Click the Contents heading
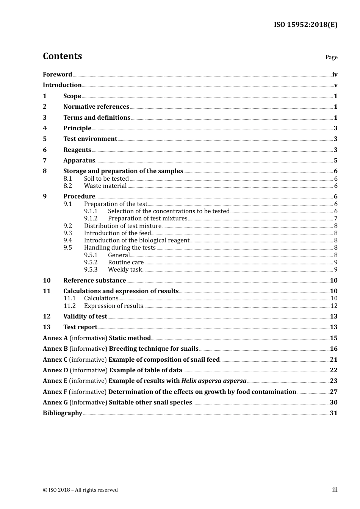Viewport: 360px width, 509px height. coord(62,56)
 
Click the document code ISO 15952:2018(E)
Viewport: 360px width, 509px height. coord(305,25)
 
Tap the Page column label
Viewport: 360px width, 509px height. coord(331,57)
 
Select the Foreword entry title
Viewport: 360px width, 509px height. coord(57,75)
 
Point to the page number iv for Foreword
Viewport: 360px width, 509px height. coord(335,75)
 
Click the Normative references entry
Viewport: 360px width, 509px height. coord(96,107)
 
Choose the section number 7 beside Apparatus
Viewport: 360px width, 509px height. coord(45,161)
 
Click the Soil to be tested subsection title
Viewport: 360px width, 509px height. coord(106,179)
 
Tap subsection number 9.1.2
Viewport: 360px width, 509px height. coord(91,219)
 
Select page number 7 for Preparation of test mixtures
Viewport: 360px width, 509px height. coord(335,219)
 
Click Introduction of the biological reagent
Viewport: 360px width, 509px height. coord(136,240)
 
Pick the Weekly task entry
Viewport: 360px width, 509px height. coord(125,270)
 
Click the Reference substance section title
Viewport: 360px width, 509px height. coord(95,281)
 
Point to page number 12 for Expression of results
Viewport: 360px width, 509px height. coord(334,306)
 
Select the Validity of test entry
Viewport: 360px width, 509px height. coord(85,317)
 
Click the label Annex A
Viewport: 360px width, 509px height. coord(55,338)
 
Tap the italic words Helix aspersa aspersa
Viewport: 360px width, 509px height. coord(214,381)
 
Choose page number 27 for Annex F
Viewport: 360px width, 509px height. coord(333,392)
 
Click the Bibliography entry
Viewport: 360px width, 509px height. coord(63,413)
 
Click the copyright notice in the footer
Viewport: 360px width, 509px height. coord(80,490)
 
